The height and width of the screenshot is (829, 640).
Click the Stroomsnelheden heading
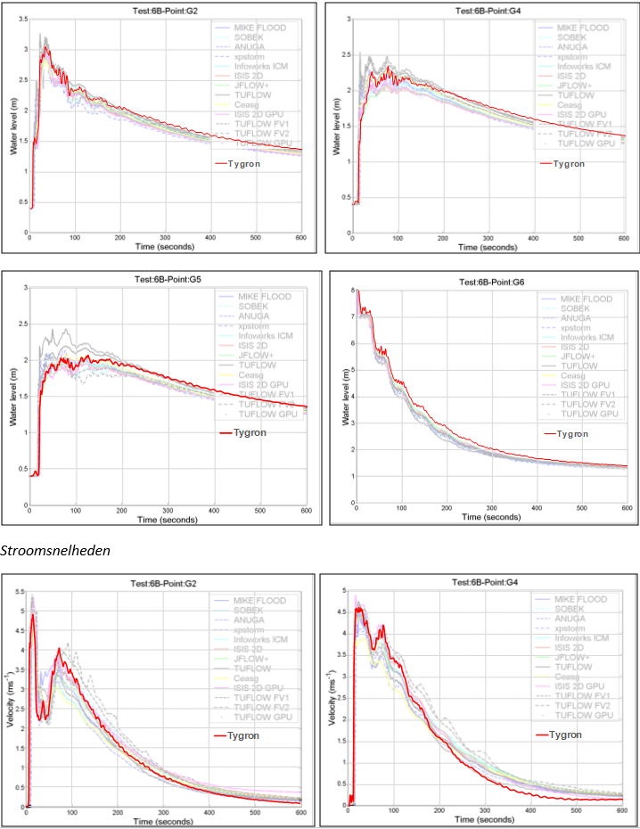(x=55, y=551)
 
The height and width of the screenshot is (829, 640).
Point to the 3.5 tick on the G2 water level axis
(x=22, y=19)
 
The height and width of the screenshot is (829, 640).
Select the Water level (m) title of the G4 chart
(x=336, y=124)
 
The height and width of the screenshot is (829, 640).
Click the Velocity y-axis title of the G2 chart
(x=12, y=700)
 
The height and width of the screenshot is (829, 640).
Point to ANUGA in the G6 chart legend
(x=575, y=318)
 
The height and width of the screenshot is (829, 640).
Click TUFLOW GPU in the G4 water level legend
(x=587, y=144)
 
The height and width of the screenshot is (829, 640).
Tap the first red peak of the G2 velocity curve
(x=33, y=615)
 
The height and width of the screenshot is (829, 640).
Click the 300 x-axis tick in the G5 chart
(x=166, y=510)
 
